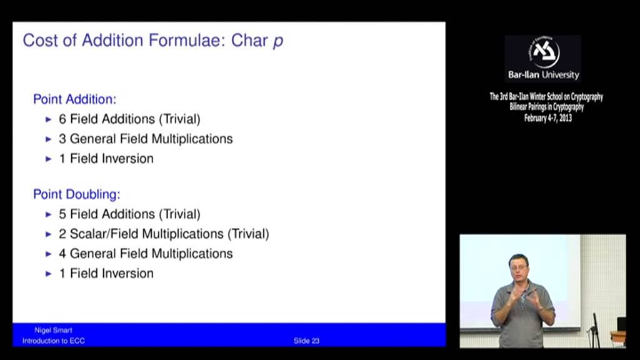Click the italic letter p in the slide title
point(278,42)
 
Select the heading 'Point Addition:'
point(75,99)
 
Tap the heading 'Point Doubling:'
point(77,194)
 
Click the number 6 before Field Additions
point(62,119)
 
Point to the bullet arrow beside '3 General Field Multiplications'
point(49,139)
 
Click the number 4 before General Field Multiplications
point(62,254)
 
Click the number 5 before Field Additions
point(62,214)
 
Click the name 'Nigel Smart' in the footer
point(54,330)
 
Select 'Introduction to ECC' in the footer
point(54,341)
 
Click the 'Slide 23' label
point(306,341)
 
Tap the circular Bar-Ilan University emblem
point(544,52)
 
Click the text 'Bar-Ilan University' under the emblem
point(544,75)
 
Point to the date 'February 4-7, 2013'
point(547,118)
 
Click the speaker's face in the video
point(519,269)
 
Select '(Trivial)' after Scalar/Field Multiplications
point(248,234)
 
